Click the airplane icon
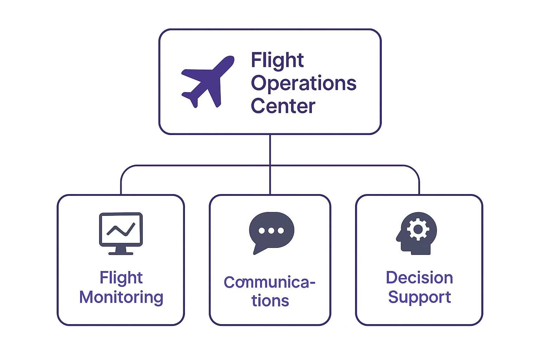pos(208,82)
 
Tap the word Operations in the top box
pos(303,84)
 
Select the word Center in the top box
pos(283,105)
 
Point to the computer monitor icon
pos(121,233)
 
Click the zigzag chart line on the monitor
pos(121,229)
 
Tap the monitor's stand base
pos(121,253)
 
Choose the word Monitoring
pos(121,297)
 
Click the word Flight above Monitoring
pos(121,277)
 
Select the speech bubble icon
pos(271,233)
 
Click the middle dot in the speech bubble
pos(271,231)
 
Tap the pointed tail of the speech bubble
pos(255,253)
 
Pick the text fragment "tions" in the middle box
pos(270,301)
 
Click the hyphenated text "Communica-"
pos(270,282)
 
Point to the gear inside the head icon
pos(418,229)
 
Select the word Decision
pos(419,277)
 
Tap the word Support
pos(419,297)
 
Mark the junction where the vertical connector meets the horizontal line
pos(270,166)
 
